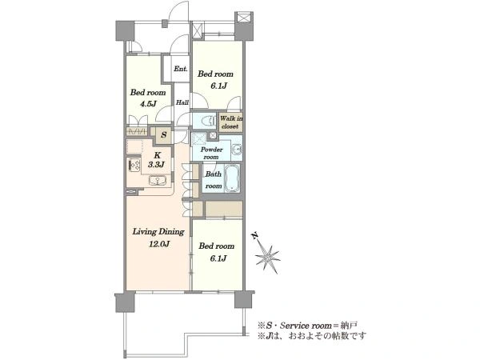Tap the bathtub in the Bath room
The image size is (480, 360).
(232, 178)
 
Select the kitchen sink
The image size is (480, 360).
(158, 181)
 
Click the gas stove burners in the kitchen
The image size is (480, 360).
(134, 165)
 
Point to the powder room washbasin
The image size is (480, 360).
(237, 150)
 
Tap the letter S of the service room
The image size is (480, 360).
(164, 134)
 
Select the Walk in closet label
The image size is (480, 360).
(231, 122)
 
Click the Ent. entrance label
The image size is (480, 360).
(180, 69)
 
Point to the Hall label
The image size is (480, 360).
(182, 102)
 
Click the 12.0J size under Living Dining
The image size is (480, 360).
(159, 244)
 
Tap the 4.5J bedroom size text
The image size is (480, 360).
(148, 104)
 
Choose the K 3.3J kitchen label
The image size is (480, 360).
(157, 160)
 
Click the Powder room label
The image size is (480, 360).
(211, 153)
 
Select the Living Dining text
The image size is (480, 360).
(158, 232)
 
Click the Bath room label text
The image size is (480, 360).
(214, 180)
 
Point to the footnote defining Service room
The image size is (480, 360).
(307, 325)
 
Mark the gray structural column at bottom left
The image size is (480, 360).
(125, 302)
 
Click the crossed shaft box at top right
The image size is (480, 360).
(244, 17)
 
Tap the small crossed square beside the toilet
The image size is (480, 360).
(213, 135)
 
